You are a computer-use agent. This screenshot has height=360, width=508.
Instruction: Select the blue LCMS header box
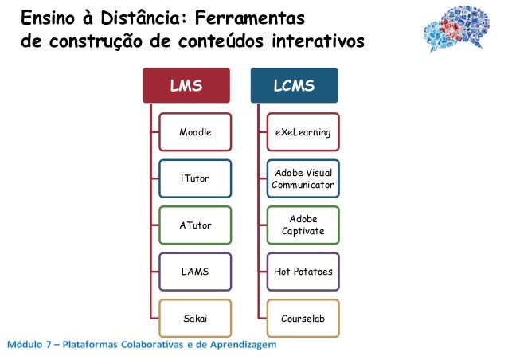click(294, 85)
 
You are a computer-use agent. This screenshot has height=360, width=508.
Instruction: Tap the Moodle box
click(195, 132)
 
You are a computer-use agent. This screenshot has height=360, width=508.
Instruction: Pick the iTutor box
click(195, 178)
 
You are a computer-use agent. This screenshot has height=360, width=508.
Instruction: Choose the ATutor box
click(195, 225)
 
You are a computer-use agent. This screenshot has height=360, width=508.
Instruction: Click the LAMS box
click(195, 272)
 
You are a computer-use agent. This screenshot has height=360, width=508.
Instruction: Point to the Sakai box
click(195, 318)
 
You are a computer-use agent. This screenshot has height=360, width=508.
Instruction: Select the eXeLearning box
click(303, 132)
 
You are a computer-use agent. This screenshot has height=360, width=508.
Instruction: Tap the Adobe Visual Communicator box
click(303, 178)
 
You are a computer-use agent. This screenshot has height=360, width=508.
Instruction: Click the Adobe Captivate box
click(303, 225)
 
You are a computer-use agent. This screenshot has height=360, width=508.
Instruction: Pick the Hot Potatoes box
click(303, 272)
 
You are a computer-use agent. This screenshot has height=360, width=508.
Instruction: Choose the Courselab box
click(303, 318)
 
